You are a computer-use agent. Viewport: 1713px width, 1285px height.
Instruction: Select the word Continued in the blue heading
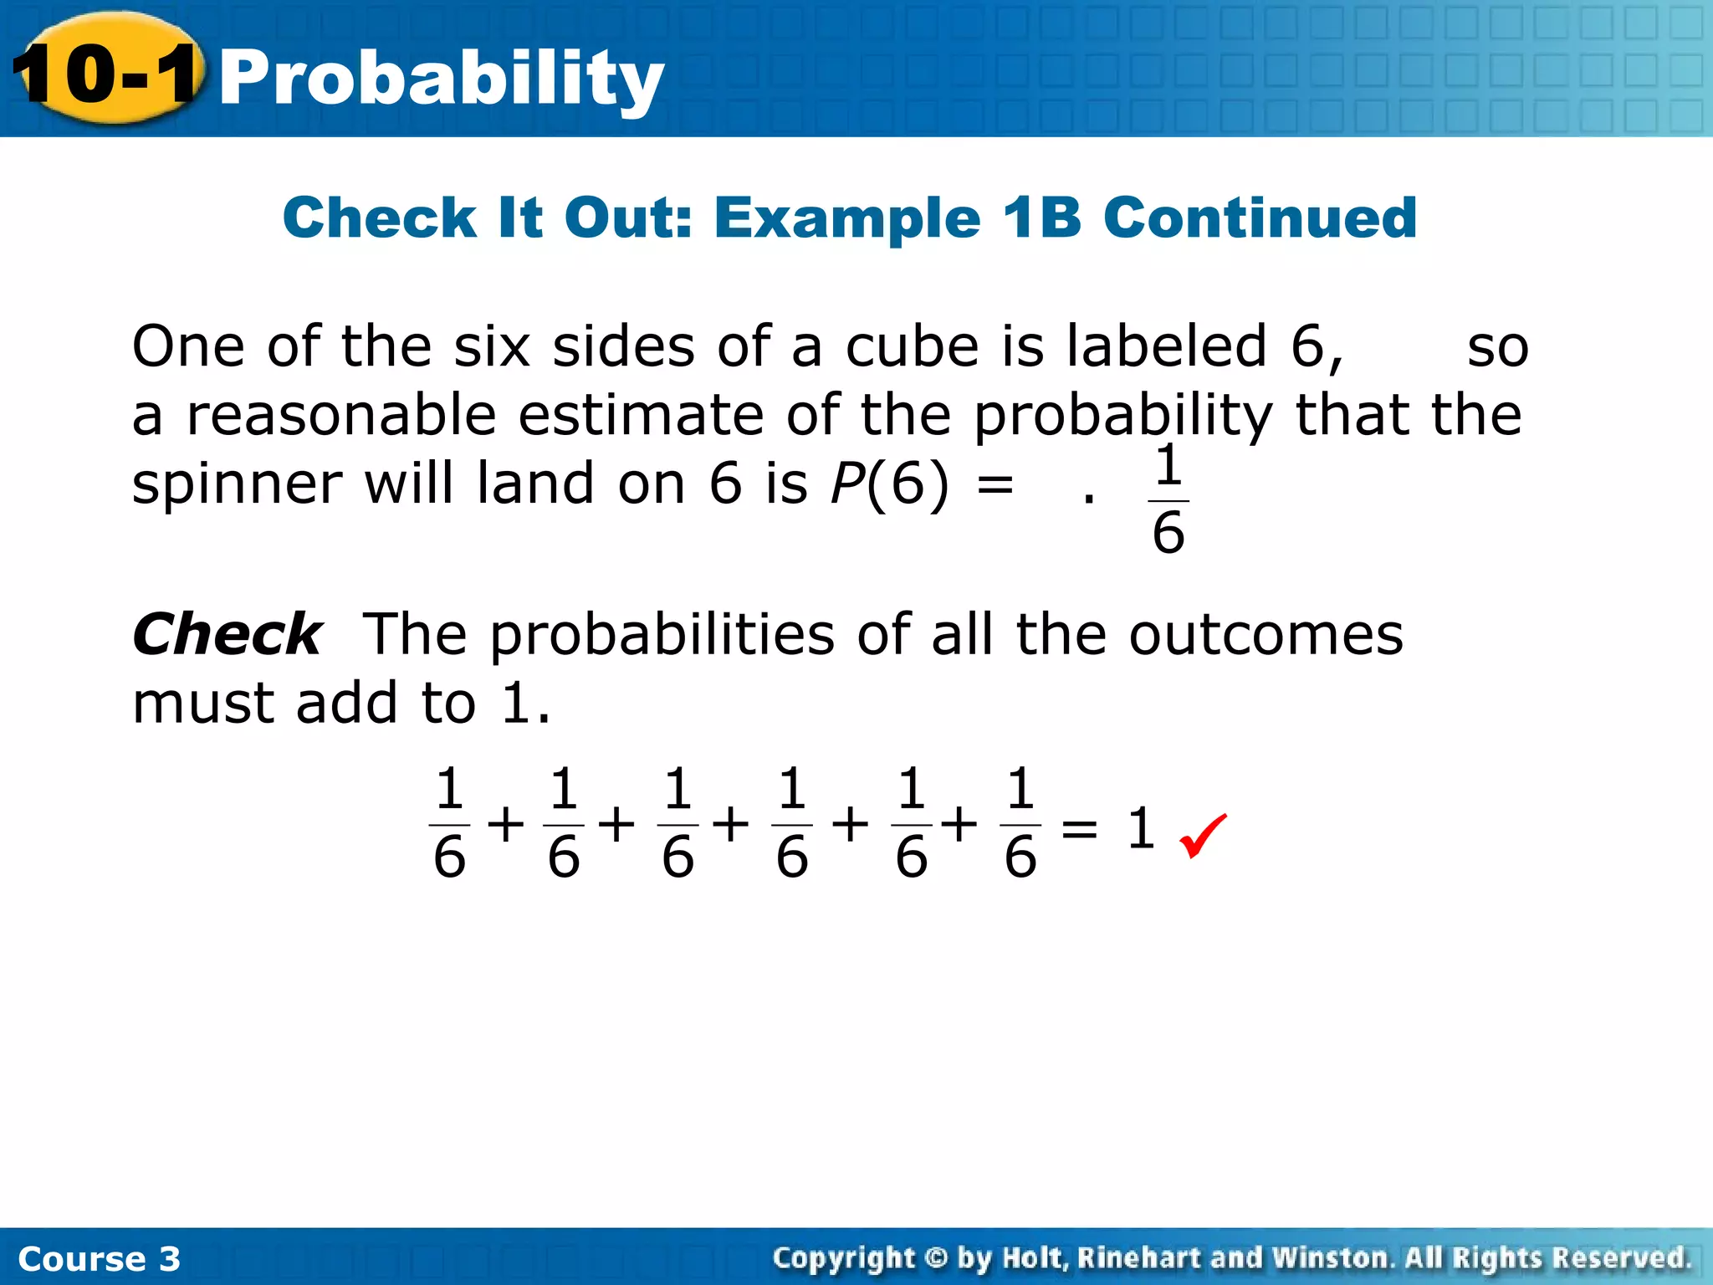[x=1260, y=218]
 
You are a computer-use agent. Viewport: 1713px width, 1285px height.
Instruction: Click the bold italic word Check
[x=227, y=634]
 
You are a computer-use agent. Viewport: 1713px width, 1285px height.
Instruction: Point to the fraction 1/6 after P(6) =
[x=1168, y=500]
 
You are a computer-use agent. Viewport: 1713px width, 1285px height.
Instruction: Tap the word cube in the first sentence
[x=912, y=346]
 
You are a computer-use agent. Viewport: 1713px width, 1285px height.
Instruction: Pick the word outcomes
[x=1266, y=634]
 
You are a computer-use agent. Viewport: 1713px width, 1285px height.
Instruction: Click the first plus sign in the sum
[x=506, y=825]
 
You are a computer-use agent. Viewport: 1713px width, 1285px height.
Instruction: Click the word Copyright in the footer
[x=844, y=1257]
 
